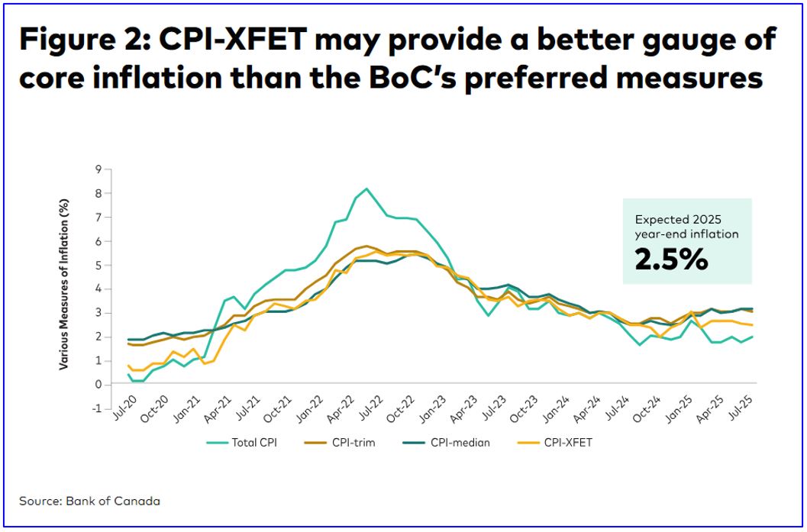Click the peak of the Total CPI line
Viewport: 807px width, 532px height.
pyautogui.click(x=366, y=189)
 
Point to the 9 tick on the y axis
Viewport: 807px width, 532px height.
pyautogui.click(x=98, y=169)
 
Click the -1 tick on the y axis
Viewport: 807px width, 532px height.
pyautogui.click(x=97, y=408)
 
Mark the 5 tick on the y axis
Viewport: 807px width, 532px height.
pyautogui.click(x=98, y=265)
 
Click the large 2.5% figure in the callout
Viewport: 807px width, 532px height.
pyautogui.click(x=671, y=260)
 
